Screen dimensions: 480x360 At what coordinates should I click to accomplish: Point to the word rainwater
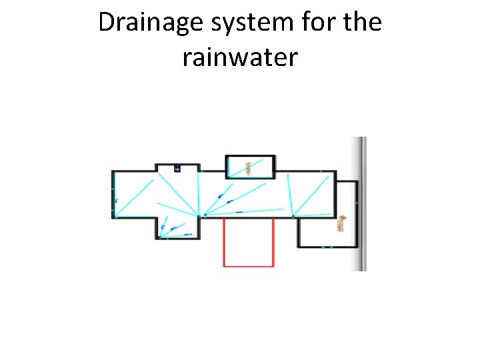click(x=240, y=57)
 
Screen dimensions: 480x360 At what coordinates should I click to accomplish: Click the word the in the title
click(x=361, y=23)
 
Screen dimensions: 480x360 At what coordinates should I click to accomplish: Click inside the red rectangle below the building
click(x=249, y=242)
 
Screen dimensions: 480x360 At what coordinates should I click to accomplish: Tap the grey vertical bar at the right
click(x=359, y=203)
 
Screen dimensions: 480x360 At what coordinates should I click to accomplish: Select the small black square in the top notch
click(x=177, y=168)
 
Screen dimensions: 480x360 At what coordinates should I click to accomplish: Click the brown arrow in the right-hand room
click(x=341, y=223)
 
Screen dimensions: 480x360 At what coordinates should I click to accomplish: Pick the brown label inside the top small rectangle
click(x=248, y=167)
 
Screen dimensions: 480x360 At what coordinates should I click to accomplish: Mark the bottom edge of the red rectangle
click(x=249, y=266)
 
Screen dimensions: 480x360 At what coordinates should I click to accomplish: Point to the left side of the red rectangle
click(x=223, y=242)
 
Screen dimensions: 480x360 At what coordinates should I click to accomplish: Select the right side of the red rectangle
click(x=274, y=242)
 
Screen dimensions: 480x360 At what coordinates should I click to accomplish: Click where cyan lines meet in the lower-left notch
click(x=161, y=235)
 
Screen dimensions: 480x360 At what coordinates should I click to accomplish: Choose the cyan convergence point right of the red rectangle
click(x=293, y=216)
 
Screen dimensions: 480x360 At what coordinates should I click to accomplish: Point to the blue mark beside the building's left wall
click(x=116, y=200)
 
